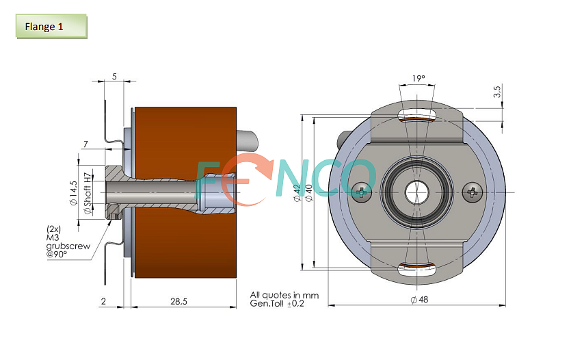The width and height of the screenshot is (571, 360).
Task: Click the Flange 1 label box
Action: coord(51,26)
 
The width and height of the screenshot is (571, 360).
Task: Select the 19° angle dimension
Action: coord(419,78)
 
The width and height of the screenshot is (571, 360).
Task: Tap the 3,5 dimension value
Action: coord(497,91)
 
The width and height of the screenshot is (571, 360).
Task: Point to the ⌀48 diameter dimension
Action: coord(419,300)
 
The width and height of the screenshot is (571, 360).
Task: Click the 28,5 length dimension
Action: coord(178,301)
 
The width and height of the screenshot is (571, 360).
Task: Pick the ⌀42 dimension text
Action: coord(297,193)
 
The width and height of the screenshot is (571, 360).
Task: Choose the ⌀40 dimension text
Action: coord(309,193)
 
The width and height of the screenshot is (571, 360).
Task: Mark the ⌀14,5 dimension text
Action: coord(74,193)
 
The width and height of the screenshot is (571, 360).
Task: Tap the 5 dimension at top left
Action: coord(114,77)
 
